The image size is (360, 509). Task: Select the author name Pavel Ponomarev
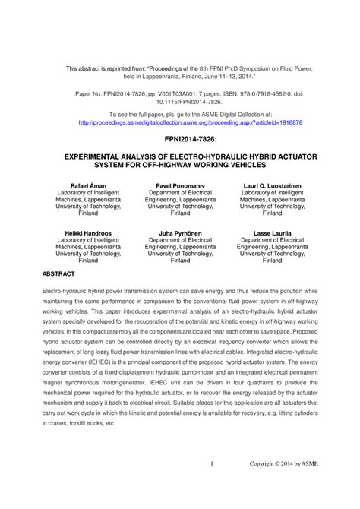(x=180, y=185)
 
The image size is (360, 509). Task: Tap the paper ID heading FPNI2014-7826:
(x=180, y=141)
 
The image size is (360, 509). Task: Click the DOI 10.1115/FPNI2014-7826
(x=180, y=100)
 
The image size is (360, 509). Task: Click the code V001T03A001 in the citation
(x=150, y=91)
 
